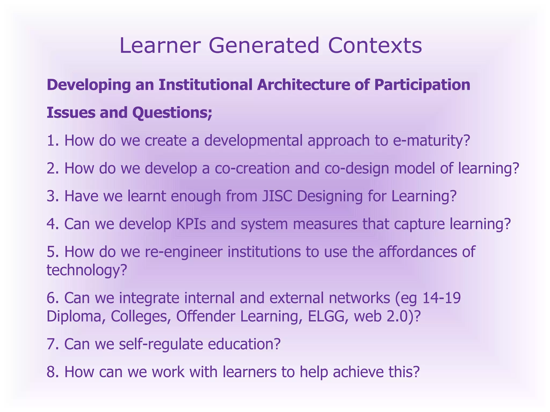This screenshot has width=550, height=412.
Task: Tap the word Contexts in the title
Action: point(375,46)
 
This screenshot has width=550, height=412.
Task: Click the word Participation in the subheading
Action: point(422,85)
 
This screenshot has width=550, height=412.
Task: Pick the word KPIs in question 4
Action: point(191,224)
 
